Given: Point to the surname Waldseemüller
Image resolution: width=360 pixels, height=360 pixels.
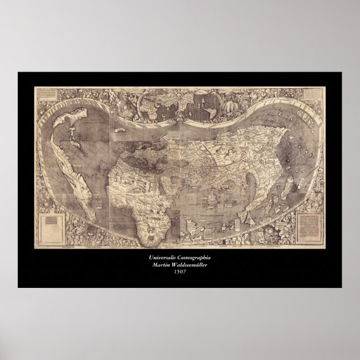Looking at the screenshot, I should (193, 264).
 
